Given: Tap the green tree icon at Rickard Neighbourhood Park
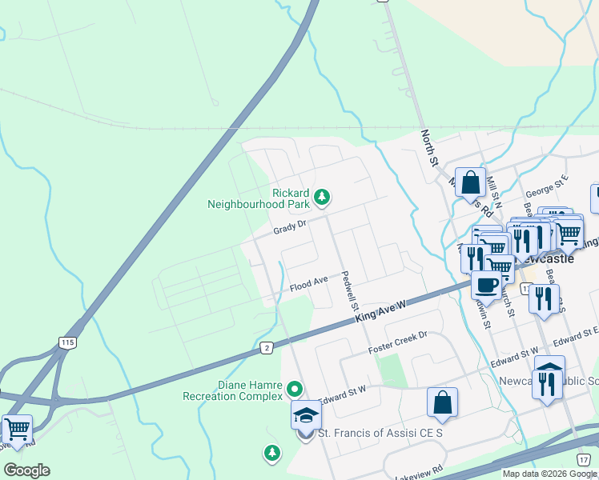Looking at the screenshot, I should pyautogui.click(x=322, y=196).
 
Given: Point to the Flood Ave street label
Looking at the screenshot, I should pyautogui.click(x=309, y=283).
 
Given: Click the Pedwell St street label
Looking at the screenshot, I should pyautogui.click(x=348, y=290).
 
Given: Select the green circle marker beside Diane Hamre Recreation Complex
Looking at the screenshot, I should pyautogui.click(x=295, y=390).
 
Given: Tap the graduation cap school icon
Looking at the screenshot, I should pyautogui.click(x=306, y=415).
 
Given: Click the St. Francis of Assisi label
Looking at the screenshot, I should pyautogui.click(x=380, y=433).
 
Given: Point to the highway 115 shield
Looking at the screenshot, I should pyautogui.click(x=67, y=342).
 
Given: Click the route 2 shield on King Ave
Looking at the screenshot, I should pyautogui.click(x=265, y=348).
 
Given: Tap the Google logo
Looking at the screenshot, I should pyautogui.click(x=26, y=470).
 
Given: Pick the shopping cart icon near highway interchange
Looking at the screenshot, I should pyautogui.click(x=17, y=429).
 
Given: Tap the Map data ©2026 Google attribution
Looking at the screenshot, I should pyautogui.click(x=549, y=474).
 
